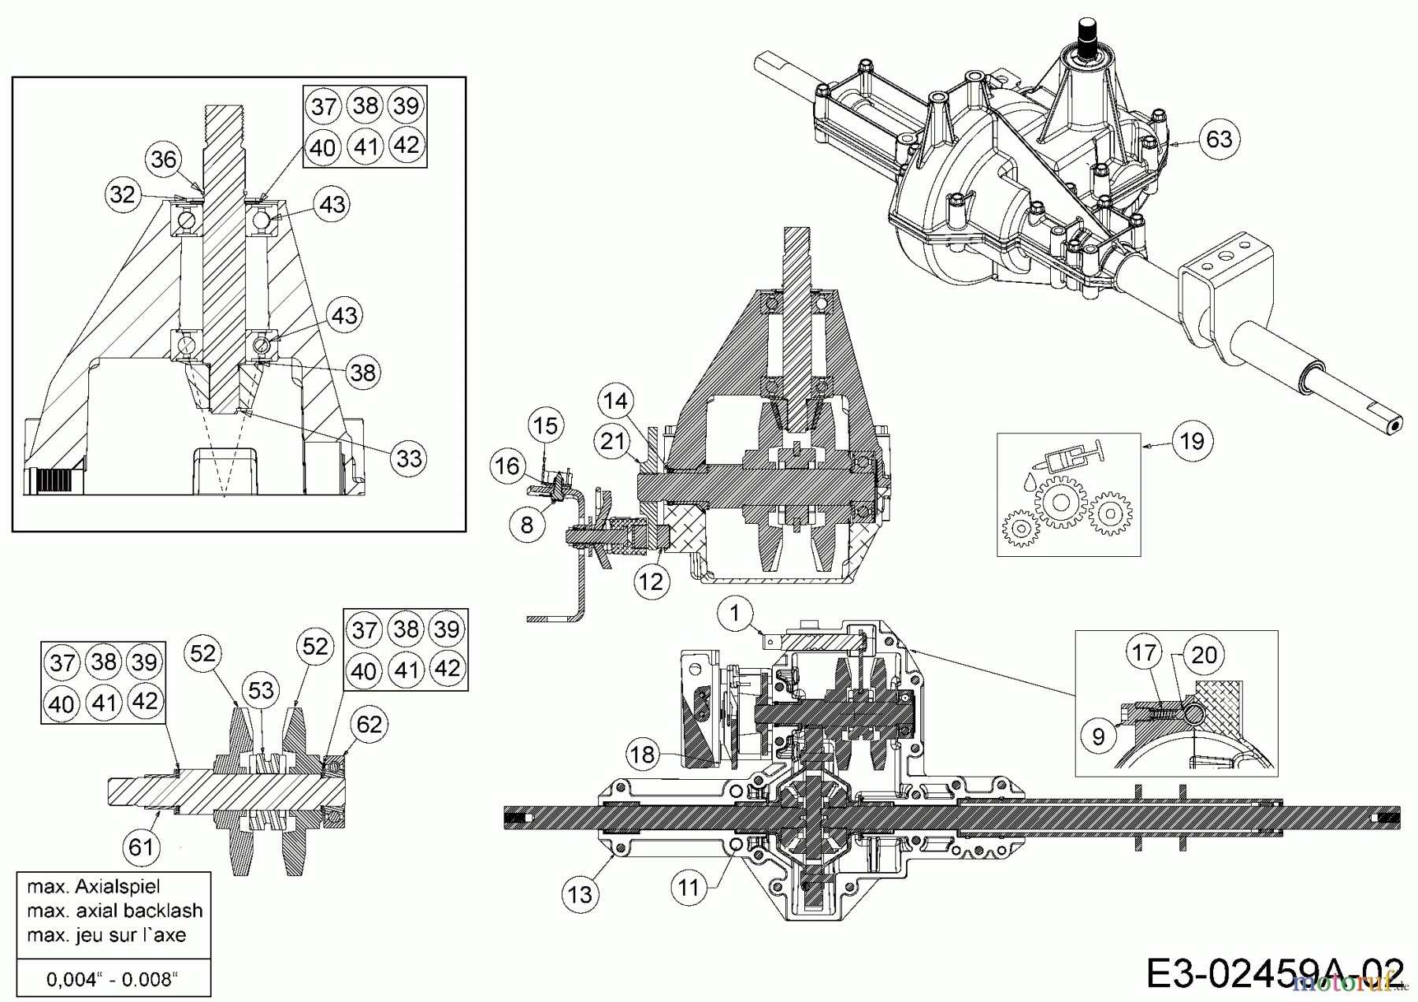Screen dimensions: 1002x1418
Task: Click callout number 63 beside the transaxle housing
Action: point(1219,139)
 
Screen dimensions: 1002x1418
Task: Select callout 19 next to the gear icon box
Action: point(1192,440)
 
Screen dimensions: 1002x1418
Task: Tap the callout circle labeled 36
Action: point(164,160)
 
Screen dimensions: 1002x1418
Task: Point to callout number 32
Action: point(123,194)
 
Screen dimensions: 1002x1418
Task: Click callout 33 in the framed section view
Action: point(409,458)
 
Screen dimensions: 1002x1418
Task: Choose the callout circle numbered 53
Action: point(261,691)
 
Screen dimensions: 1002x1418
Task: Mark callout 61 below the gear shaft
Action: point(142,847)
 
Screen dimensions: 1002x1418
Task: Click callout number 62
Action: point(369,724)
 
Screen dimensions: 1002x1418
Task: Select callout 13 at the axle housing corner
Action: point(581,895)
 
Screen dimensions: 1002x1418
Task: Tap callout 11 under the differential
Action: point(689,888)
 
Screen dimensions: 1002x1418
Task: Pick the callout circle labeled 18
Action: point(643,755)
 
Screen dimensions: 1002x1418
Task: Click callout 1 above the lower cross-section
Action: point(735,613)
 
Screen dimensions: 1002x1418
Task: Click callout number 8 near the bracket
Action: point(527,525)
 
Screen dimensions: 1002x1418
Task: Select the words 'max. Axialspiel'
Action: point(93,886)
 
